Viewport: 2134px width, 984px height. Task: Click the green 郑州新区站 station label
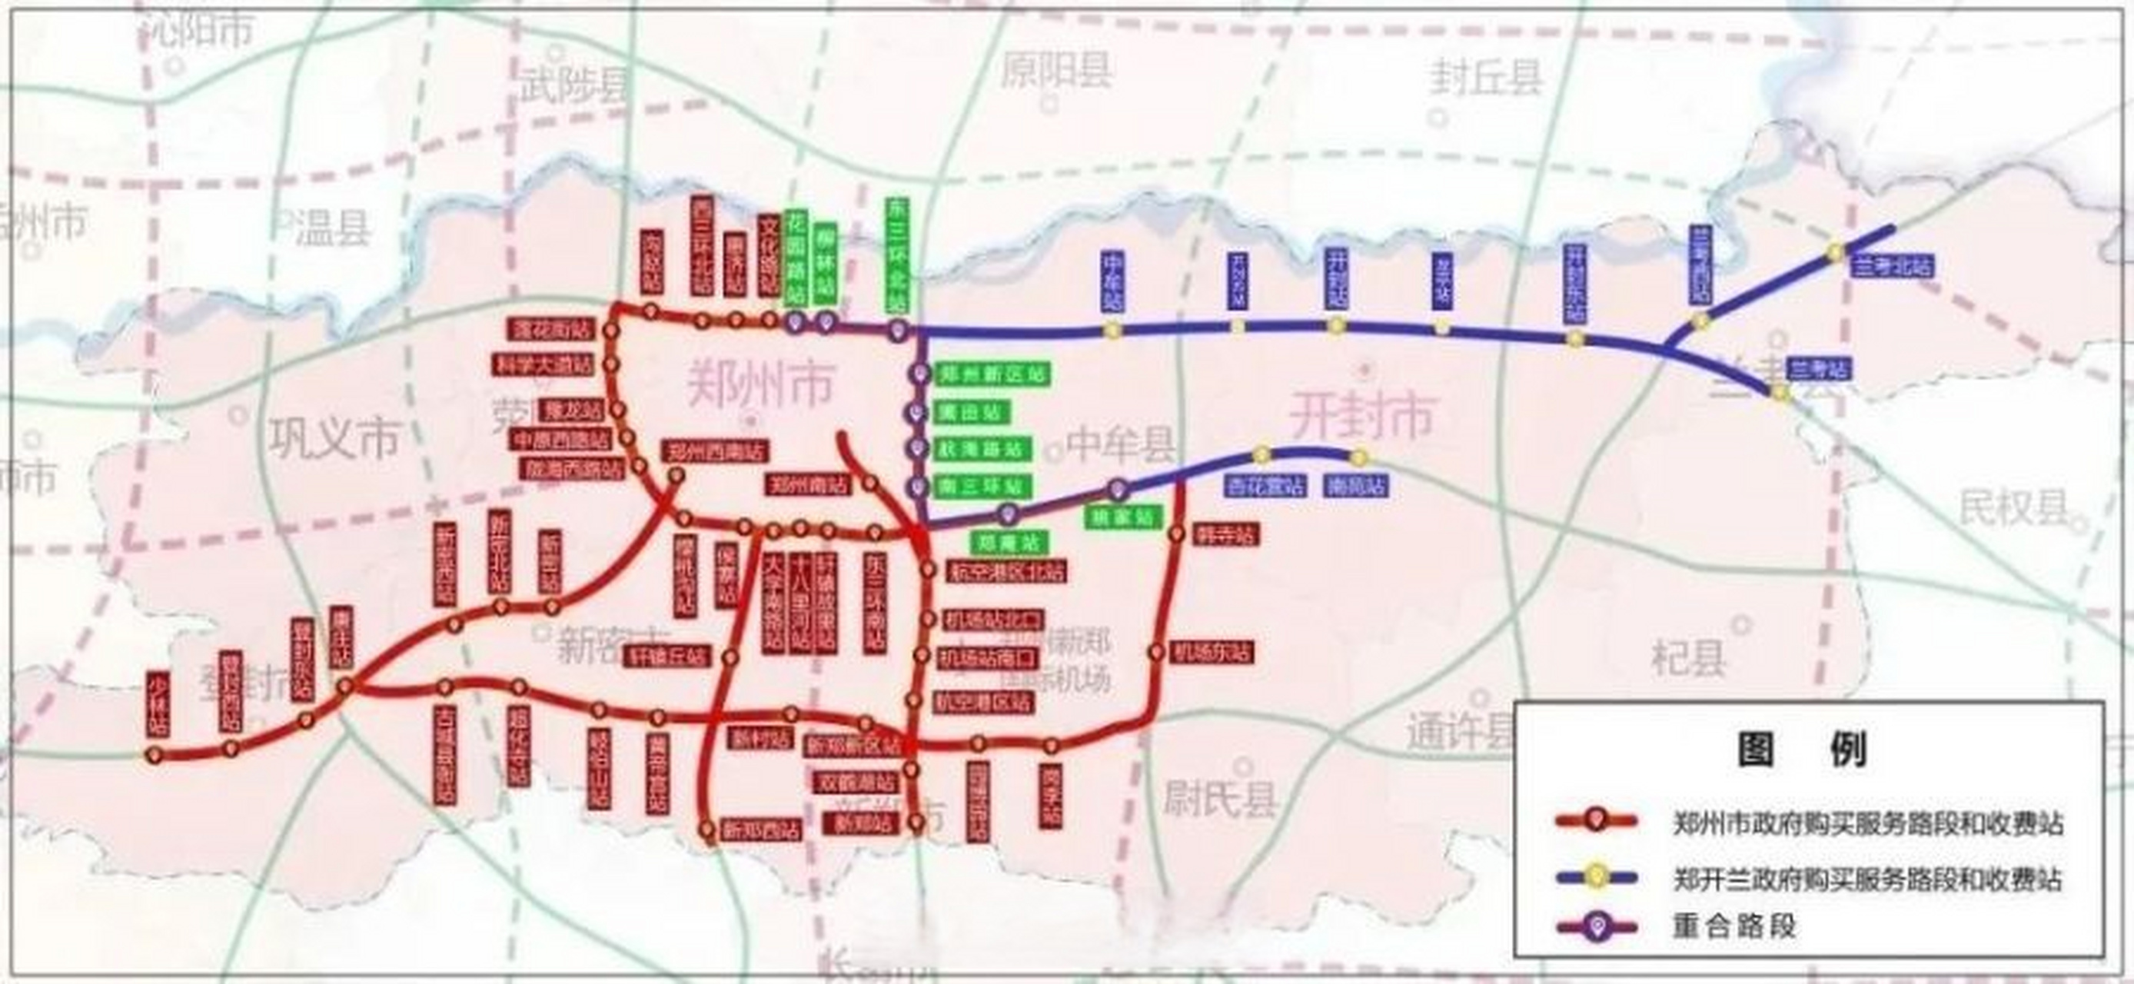[x=991, y=374]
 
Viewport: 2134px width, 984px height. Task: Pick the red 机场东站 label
[x=1212, y=652]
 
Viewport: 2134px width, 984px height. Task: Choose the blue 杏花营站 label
[x=1264, y=485]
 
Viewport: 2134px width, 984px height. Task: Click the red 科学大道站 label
[x=543, y=364]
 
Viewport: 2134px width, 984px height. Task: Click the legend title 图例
[x=1803, y=750]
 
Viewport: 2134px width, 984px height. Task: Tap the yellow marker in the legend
[x=1597, y=876]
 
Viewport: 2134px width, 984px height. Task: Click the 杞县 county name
[x=1688, y=659]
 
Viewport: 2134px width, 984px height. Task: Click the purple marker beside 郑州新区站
[x=917, y=374]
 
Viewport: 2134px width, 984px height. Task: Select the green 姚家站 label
[x=1122, y=517]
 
